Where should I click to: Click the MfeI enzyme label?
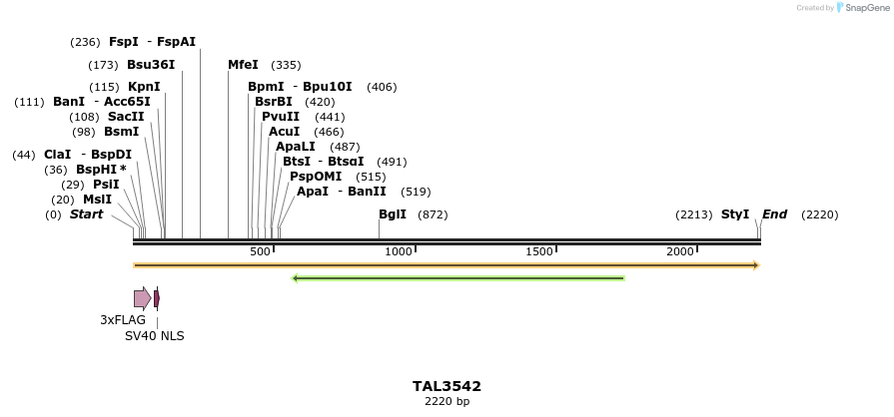tap(243, 65)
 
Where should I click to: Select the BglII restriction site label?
tap(393, 214)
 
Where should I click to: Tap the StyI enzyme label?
tap(735, 214)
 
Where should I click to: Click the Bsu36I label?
tap(151, 65)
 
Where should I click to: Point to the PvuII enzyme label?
tap(281, 117)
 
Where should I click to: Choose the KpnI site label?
tap(144, 87)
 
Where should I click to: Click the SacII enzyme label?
tap(126, 117)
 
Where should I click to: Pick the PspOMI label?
tap(316, 177)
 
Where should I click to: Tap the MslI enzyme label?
tap(97, 200)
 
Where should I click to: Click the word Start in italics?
tap(86, 214)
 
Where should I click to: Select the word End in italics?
tap(775, 214)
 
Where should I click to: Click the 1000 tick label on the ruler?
tap(399, 251)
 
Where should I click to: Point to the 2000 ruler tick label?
tap(681, 251)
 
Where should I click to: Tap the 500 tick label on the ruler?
tap(260, 251)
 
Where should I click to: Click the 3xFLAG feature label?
tap(123, 320)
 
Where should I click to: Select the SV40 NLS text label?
tap(155, 336)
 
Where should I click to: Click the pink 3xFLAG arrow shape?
tap(142, 298)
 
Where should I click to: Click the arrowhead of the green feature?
tap(296, 278)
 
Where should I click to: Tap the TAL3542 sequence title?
tap(447, 386)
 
